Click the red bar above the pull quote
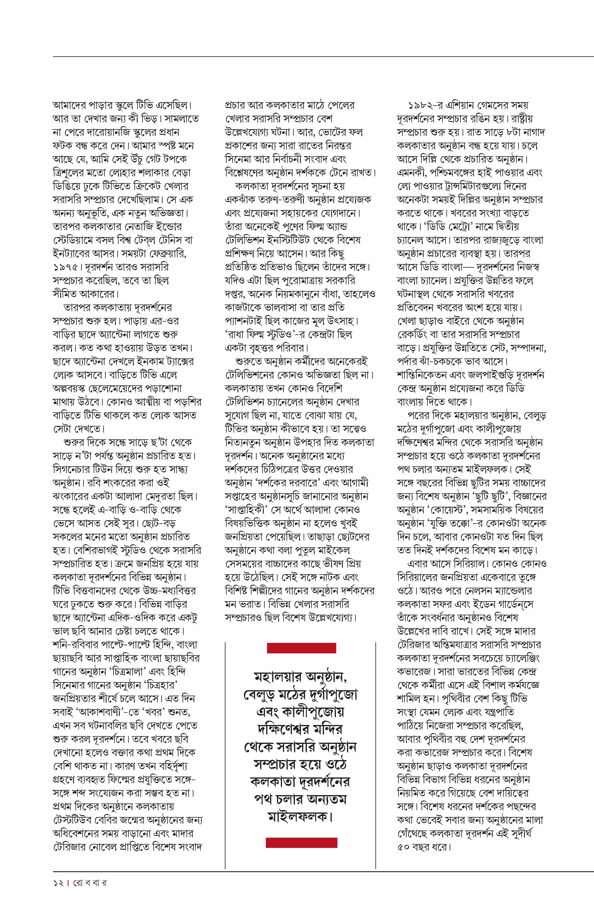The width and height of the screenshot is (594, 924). (301, 648)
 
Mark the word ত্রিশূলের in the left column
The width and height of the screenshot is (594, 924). (69, 173)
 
